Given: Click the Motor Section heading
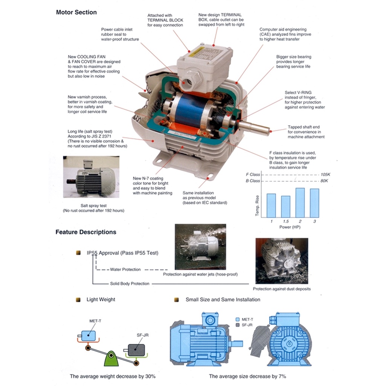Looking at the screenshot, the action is pos(76,12).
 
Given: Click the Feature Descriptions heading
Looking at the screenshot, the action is pos(86,232).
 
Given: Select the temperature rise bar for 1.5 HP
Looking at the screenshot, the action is pos(286,207).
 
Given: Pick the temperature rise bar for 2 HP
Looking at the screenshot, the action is pos(300,202).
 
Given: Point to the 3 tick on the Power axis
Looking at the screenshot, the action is pos(315,221).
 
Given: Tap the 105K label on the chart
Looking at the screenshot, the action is pos(325,175).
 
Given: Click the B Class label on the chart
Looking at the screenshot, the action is pos(253,181).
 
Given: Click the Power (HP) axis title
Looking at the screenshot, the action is pos(290,227).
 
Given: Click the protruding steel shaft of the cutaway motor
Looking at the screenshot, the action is pos(254,127).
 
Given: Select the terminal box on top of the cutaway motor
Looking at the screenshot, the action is pos(204,65).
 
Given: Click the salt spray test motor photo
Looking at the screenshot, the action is pos(91,177).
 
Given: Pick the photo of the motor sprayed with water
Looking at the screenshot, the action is pos(201,247).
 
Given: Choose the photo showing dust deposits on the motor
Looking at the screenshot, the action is pos(282,261).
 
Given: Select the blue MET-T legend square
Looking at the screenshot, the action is pos(237,319).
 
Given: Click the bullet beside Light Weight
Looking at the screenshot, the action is pos(78,300).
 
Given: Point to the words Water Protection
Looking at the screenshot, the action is pos(125,269).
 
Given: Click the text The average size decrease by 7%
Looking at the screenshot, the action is pos(247,376).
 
